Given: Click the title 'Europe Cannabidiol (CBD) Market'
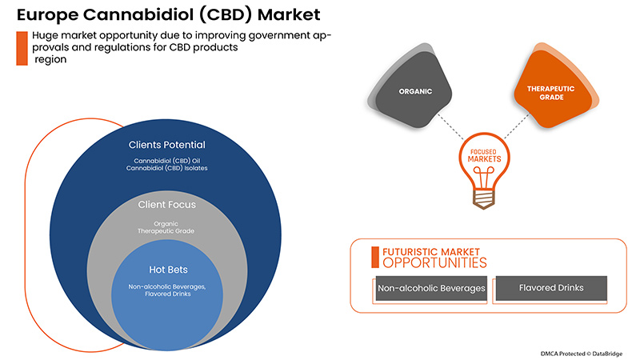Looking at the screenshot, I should tap(151, 14).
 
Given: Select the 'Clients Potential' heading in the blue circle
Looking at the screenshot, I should tap(167, 145).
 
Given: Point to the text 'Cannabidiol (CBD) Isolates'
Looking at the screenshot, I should tap(167, 169).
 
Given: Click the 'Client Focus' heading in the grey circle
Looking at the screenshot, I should tap(167, 205).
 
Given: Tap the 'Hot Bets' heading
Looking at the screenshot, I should tap(167, 270).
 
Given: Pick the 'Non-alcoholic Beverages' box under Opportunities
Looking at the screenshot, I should tap(431, 288).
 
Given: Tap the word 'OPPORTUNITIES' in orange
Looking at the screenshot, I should tap(433, 262).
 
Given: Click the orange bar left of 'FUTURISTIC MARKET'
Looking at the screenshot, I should tap(374, 256).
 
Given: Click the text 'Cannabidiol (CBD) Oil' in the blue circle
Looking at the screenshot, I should tap(167, 160).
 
